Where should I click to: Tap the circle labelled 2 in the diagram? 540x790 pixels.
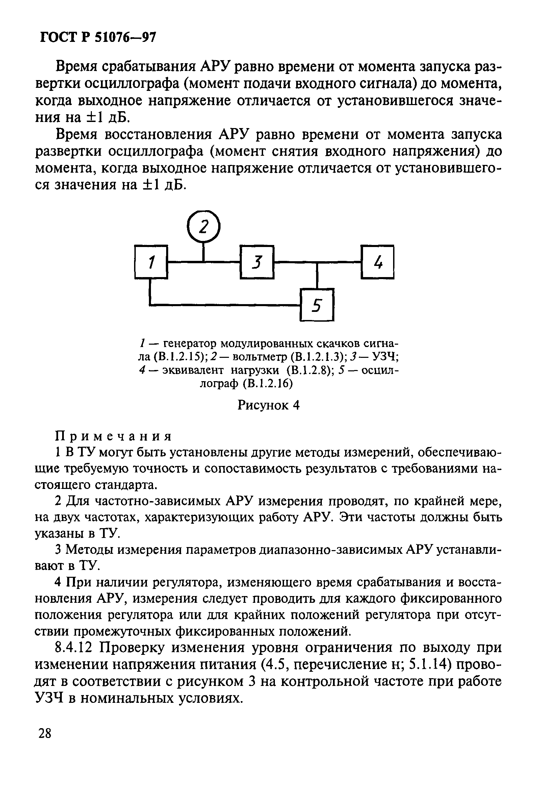tap(204, 226)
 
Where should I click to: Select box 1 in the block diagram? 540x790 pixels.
tap(151, 262)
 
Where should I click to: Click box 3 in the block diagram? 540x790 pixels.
tap(257, 262)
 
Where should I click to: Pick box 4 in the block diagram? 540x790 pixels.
tap(378, 262)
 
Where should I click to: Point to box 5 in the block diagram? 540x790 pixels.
tap(317, 305)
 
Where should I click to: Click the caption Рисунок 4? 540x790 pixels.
tap(268, 405)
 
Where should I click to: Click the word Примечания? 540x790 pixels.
tap(113, 436)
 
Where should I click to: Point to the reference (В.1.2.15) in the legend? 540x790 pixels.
tap(179, 357)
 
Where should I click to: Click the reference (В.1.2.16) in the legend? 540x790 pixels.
tap(268, 384)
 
